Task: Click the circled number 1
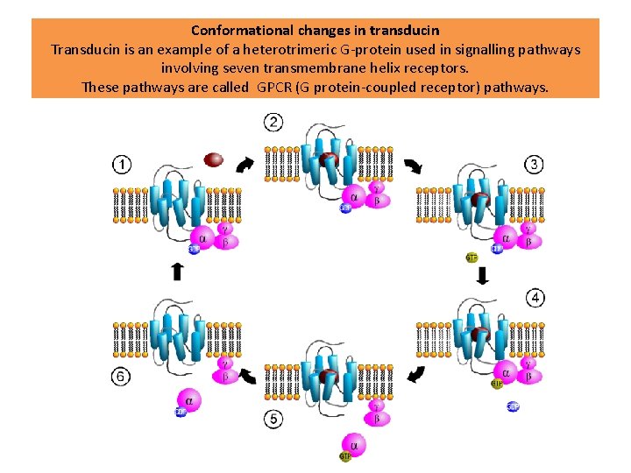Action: click(123, 164)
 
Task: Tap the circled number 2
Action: click(274, 122)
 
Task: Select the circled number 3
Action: click(534, 164)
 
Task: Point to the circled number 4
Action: click(534, 299)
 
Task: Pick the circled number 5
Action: click(274, 420)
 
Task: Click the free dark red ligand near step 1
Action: click(213, 159)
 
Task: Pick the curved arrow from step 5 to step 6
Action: click(247, 377)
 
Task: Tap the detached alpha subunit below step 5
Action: click(356, 445)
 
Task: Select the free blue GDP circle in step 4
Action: click(513, 406)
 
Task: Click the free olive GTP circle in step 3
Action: click(471, 258)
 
